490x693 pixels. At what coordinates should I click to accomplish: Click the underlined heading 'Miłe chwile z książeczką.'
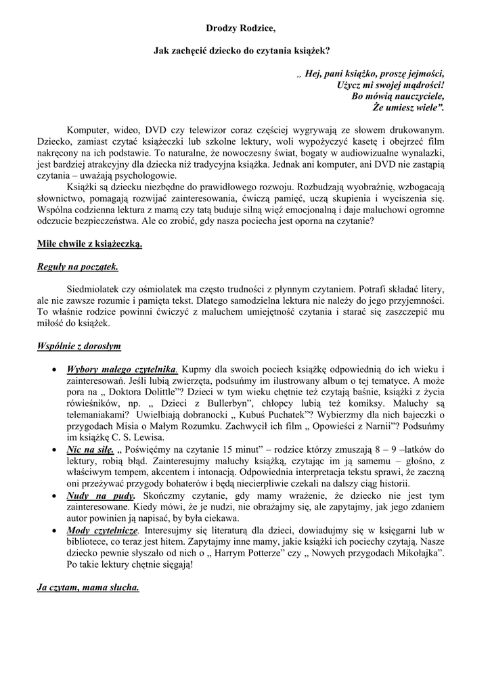click(89, 244)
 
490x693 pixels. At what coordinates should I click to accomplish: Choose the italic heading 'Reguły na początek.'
click(77, 266)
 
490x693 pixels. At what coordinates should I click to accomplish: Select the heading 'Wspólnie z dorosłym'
click(79, 346)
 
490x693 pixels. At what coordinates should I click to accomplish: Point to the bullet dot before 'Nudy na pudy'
click(55, 497)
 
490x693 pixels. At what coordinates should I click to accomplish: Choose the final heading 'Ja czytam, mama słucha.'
click(88, 587)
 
